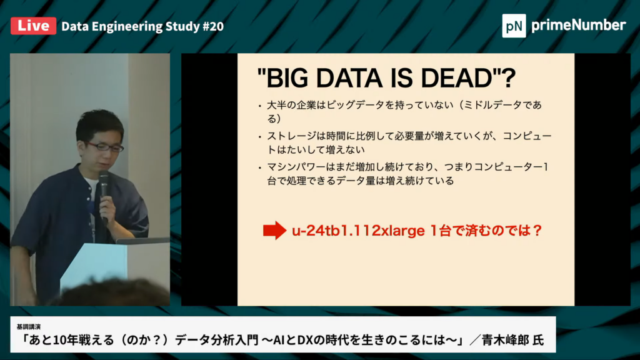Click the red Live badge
[x=34, y=26]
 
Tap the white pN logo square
[x=514, y=26]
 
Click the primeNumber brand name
[x=578, y=25]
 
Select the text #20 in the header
[x=213, y=26]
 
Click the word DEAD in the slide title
[x=456, y=78]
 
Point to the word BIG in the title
[x=287, y=78]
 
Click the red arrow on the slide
[x=275, y=230]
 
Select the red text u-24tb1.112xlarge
[x=358, y=231]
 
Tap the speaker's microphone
[x=104, y=192]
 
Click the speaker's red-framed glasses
[x=104, y=146]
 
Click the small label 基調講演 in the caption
[x=29, y=326]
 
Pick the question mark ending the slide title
[x=509, y=78]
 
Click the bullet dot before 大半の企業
[x=259, y=106]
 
